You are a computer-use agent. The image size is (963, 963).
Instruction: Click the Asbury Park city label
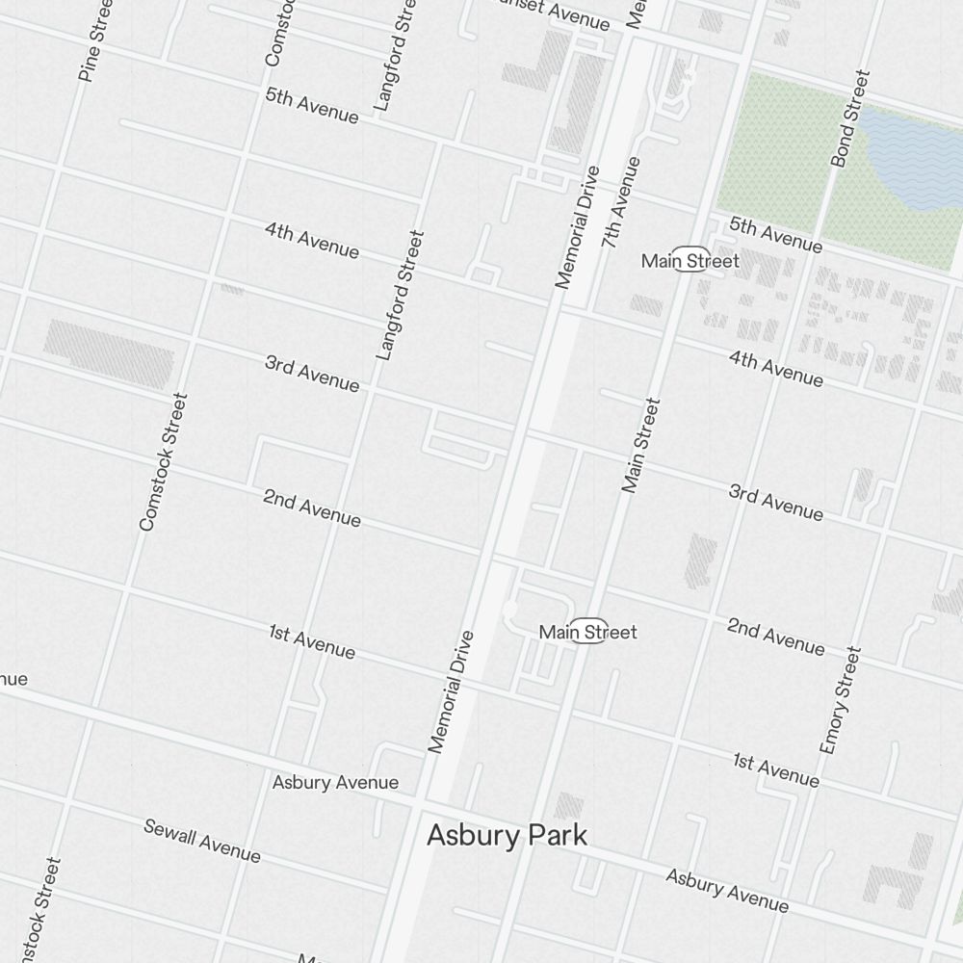(x=507, y=835)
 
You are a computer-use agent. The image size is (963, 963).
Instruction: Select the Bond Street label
(x=850, y=117)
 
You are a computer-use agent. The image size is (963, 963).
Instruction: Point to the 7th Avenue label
(x=620, y=202)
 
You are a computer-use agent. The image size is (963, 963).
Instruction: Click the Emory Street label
(x=839, y=700)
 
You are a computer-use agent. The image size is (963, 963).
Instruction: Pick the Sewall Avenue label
(x=202, y=841)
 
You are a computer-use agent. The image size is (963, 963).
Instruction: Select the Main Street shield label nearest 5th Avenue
(x=690, y=261)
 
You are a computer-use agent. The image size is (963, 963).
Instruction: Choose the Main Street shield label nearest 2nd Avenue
(x=587, y=632)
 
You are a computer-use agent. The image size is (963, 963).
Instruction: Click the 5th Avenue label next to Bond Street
(x=776, y=236)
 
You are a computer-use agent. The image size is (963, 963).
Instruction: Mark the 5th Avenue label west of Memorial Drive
(x=312, y=106)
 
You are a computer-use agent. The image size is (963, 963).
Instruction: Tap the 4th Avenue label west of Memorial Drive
(x=312, y=241)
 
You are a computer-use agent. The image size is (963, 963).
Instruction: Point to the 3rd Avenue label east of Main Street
(x=776, y=503)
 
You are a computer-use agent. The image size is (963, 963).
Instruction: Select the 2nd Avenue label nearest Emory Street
(x=776, y=637)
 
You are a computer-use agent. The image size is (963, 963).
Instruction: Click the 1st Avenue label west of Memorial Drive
(x=312, y=641)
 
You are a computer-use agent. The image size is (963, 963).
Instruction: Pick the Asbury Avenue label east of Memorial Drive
(x=727, y=891)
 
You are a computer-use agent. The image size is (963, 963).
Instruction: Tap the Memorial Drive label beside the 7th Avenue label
(x=578, y=227)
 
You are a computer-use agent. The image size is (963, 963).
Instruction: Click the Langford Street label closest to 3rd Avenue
(x=400, y=295)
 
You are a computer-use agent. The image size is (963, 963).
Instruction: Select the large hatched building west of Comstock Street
(x=109, y=353)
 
